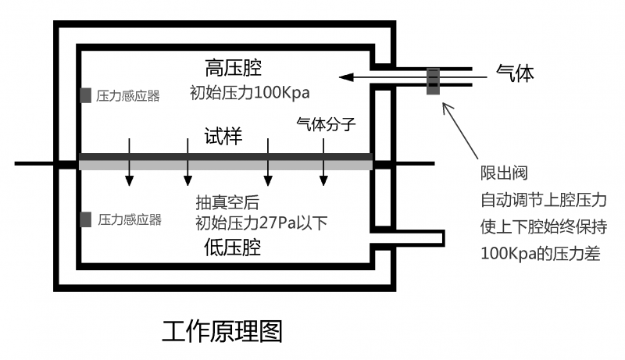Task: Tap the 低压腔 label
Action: (232, 248)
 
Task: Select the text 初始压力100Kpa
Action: (250, 92)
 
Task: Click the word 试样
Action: (223, 137)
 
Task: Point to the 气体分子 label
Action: (322, 123)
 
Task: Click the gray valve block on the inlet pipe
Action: (432, 81)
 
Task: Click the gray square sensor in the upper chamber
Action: (84, 95)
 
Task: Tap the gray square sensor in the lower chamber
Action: (84, 219)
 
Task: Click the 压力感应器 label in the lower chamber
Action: (130, 220)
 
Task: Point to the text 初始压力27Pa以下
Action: (261, 224)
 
